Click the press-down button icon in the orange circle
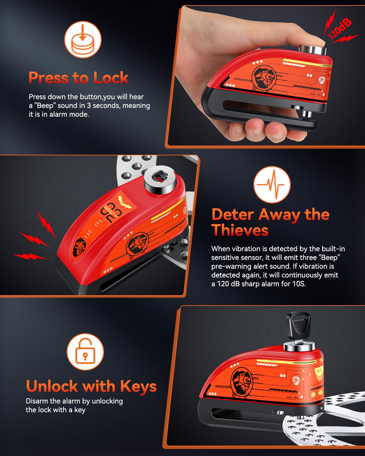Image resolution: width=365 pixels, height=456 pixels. (x=82, y=40)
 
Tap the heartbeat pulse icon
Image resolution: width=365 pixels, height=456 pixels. (x=272, y=185)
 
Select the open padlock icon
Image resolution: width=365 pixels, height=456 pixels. (x=85, y=352)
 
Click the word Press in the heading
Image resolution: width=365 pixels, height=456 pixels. (x=48, y=78)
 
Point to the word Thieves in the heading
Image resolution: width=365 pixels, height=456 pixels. (x=240, y=230)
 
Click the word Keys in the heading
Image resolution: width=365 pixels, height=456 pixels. (x=138, y=386)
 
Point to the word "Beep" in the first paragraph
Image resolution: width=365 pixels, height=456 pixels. (x=45, y=106)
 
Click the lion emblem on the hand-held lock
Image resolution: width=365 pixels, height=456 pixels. (x=264, y=77)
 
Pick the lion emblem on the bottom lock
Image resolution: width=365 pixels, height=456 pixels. (x=242, y=380)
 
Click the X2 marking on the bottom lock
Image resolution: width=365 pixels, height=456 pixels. (x=319, y=371)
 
